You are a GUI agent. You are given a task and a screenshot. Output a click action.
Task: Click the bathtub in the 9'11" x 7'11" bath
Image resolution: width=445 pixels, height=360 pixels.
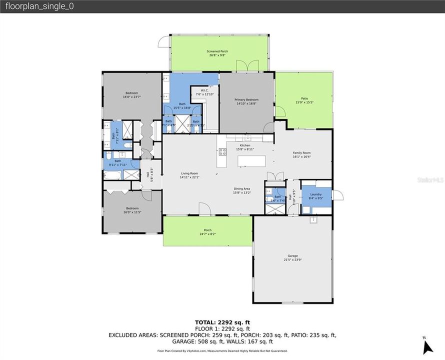[112, 174]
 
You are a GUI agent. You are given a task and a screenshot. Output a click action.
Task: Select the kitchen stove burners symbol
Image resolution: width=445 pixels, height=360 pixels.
[222, 152]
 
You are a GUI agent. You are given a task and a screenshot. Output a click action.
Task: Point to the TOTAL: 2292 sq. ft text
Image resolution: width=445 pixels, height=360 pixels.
[222, 322]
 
